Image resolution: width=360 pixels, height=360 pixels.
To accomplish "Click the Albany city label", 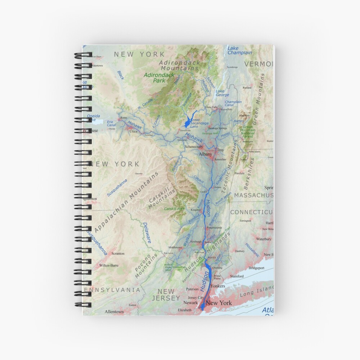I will click(206, 154).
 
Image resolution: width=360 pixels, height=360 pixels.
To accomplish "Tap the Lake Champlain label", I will click(240, 50).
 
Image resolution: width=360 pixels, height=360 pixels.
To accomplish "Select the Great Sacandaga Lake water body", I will click(187, 122).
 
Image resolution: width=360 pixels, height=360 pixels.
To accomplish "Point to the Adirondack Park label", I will click(159, 78).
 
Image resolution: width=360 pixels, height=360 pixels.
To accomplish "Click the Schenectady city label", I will click(195, 147).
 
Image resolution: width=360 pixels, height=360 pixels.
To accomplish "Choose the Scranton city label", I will click(118, 253).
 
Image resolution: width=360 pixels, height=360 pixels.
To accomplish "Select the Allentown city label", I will click(114, 312).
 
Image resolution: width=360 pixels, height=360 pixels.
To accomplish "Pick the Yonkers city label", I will click(217, 286).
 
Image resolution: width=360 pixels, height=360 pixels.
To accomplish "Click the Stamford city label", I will click(237, 276).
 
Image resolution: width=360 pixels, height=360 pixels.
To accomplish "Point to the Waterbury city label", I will click(264, 239).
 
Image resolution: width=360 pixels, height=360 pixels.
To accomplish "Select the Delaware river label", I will click(147, 232).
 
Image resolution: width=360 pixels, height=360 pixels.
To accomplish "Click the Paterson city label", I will click(192, 289).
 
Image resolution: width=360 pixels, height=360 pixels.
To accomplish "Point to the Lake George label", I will click(222, 93).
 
